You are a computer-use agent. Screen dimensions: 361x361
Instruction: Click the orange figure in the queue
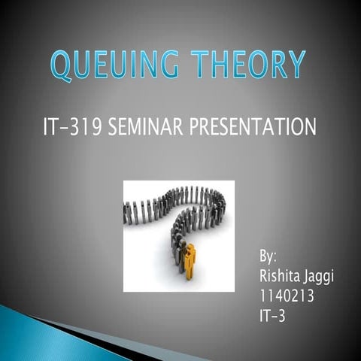point(190,262)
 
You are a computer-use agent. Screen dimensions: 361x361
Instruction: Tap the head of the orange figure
point(190,247)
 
